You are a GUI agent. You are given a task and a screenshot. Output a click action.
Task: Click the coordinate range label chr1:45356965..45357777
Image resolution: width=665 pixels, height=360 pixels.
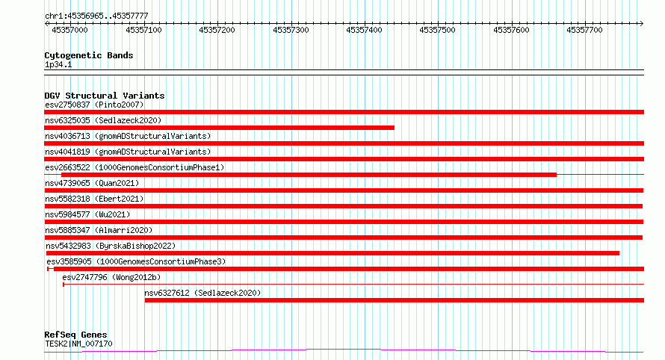(x=96, y=16)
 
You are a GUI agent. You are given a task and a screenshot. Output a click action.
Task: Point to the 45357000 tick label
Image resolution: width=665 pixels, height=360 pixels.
(x=69, y=30)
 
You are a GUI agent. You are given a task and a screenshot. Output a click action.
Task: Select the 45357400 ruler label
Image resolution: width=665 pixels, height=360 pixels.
(x=364, y=30)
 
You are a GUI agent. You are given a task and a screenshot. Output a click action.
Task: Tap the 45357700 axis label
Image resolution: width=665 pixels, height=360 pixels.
(x=584, y=30)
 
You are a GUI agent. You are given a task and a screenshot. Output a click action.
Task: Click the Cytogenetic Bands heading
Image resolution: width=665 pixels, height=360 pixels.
(x=89, y=55)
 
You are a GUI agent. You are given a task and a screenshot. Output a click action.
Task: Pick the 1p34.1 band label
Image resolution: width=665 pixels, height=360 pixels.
(x=58, y=64)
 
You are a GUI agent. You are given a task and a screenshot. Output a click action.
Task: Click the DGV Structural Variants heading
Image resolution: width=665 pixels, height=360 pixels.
(x=105, y=96)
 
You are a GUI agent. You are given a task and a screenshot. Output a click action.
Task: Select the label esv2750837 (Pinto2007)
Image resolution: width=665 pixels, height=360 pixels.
(x=94, y=105)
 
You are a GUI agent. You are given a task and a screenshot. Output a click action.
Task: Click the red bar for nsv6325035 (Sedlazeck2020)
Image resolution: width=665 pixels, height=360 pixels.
(x=219, y=128)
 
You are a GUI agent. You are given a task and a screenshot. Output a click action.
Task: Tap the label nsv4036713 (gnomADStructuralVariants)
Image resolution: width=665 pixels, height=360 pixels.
(x=128, y=136)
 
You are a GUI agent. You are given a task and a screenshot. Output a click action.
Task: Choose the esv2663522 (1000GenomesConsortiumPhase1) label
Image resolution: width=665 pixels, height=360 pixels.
(x=134, y=167)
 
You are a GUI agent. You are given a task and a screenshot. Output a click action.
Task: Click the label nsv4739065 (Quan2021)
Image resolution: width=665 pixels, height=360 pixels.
(x=92, y=183)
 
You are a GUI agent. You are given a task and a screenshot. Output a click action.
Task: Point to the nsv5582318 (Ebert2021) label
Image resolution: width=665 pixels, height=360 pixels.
(x=94, y=199)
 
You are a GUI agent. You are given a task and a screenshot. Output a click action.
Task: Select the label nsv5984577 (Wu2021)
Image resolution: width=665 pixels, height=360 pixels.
(x=87, y=214)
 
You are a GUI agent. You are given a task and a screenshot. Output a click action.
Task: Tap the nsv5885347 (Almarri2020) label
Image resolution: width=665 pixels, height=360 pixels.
(x=99, y=230)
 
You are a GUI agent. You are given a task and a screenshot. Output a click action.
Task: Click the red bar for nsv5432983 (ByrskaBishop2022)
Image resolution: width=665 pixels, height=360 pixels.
(x=332, y=253)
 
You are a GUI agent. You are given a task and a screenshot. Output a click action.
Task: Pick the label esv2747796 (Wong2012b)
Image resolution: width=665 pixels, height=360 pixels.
(x=111, y=277)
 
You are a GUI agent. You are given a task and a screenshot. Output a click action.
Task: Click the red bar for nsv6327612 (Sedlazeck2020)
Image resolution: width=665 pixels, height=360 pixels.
(x=395, y=300)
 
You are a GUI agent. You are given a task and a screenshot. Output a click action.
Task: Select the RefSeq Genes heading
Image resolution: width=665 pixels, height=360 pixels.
(x=75, y=335)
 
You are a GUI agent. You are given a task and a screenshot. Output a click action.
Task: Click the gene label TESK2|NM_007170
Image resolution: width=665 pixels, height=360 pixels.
(x=78, y=344)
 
